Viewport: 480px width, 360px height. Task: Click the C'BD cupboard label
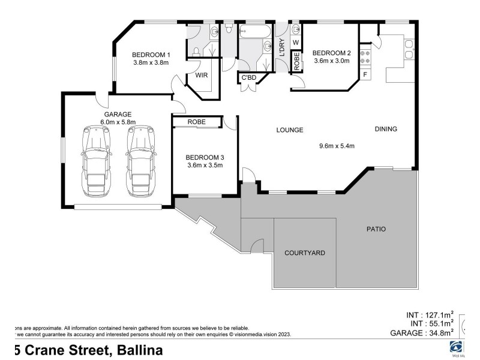249,78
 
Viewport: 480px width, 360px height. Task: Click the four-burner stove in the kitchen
365,56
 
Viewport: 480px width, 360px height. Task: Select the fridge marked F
365,74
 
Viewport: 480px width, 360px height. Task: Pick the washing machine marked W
295,42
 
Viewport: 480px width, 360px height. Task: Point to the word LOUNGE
289,130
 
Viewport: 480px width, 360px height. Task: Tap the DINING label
386,129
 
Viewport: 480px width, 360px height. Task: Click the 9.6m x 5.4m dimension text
337,145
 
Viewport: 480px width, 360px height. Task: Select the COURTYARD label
305,253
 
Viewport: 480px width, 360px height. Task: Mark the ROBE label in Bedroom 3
196,122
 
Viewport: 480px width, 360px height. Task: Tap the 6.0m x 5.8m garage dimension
118,122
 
